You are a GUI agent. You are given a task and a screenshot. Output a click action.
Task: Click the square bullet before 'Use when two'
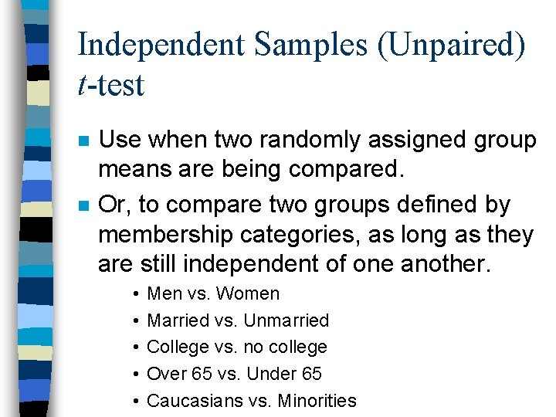coord(83,141)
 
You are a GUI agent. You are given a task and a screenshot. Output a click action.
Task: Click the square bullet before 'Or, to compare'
coord(83,206)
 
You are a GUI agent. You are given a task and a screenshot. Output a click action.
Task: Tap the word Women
coord(248,293)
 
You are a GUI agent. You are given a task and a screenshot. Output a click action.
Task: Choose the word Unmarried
coord(286,320)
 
